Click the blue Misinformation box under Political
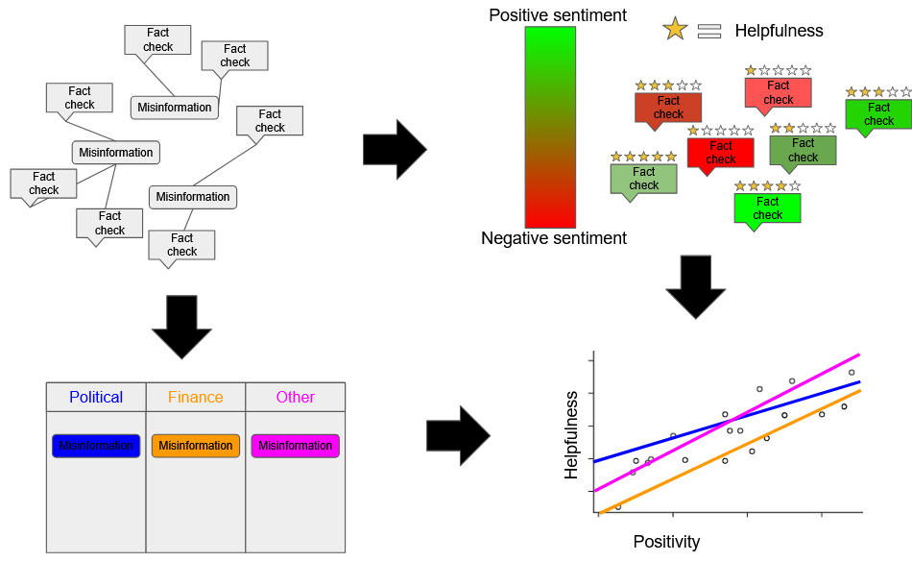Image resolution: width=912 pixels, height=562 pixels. (96, 446)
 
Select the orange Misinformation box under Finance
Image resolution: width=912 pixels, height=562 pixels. (196, 446)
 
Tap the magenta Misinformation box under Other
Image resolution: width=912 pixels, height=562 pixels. (296, 446)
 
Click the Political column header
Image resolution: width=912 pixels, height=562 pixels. (96, 397)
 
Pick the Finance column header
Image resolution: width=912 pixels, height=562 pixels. (196, 397)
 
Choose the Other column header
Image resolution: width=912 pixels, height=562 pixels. (296, 397)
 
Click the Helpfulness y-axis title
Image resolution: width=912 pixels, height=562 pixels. (572, 434)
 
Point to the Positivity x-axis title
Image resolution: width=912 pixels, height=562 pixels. (666, 542)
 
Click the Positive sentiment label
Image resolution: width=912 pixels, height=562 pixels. (558, 15)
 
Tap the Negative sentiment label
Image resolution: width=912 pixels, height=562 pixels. (554, 238)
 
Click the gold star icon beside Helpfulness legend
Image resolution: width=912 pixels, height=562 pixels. (676, 30)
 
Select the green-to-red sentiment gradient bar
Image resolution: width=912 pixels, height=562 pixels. (550, 127)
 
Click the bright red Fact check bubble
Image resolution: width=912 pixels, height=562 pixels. (721, 153)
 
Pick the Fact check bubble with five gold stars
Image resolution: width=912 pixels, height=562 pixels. (643, 179)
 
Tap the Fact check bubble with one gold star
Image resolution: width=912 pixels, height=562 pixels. (779, 92)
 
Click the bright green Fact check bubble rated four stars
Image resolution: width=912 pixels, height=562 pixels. (767, 208)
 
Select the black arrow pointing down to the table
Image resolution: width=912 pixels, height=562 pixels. (181, 326)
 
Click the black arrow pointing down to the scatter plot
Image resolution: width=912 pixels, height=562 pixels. (696, 285)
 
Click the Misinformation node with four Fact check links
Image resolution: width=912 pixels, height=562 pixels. (116, 152)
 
